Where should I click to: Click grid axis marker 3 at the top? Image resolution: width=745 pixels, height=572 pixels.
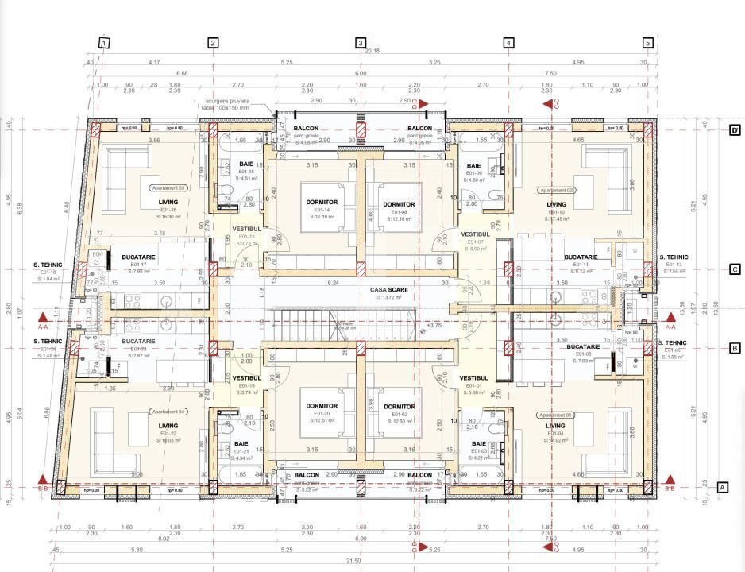pyautogui.click(x=361, y=43)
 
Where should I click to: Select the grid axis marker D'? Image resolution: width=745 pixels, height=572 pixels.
pyautogui.click(x=735, y=130)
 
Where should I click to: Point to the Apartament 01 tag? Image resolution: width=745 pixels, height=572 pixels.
pyautogui.click(x=556, y=415)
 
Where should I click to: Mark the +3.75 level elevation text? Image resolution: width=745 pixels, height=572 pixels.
pyautogui.click(x=434, y=324)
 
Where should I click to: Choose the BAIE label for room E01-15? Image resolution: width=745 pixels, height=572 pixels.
pyautogui.click(x=246, y=164)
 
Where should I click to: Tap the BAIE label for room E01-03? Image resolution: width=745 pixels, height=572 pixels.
pyautogui.click(x=479, y=443)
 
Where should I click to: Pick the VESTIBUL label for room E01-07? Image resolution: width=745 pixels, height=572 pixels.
pyautogui.click(x=474, y=234)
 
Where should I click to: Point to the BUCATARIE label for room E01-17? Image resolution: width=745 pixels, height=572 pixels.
pyautogui.click(x=137, y=258)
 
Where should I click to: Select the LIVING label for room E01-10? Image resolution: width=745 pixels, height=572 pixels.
pyautogui.click(x=556, y=204)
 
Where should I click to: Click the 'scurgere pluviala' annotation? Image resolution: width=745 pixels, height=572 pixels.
pyautogui.click(x=226, y=101)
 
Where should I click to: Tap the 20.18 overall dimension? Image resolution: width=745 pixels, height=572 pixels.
pyautogui.click(x=372, y=51)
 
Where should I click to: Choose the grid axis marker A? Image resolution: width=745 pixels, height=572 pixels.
pyautogui.click(x=723, y=487)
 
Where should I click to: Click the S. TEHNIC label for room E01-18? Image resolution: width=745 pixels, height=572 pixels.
pyautogui.click(x=48, y=265)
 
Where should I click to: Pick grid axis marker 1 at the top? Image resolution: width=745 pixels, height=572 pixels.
pyautogui.click(x=104, y=43)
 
